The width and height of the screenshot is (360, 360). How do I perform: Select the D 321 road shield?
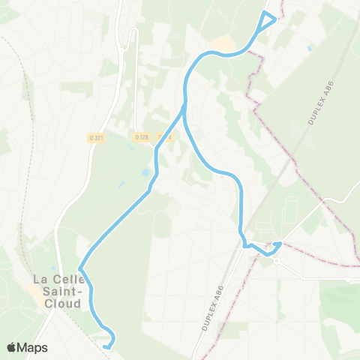pos(95,137)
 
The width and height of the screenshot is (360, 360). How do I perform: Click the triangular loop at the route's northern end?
pos(266,21)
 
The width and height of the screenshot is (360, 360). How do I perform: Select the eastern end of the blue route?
pos(278,244)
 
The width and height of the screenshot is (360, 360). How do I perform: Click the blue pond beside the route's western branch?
pos(145,173)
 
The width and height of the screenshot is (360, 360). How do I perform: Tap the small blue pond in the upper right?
pos(310,47)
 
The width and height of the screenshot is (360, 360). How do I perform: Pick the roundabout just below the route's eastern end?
pos(277,261)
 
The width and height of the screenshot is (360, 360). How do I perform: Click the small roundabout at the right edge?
pos(347,280)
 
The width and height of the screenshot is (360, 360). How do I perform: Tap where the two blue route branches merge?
pos(183,107)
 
